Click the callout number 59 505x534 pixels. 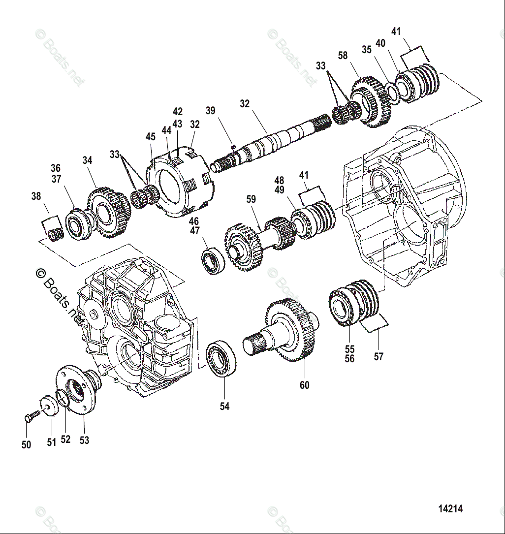(x=251, y=199)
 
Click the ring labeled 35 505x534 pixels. (x=392, y=91)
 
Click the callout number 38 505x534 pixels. (x=36, y=196)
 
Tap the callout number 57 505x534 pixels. (x=379, y=357)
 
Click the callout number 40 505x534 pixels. (x=380, y=43)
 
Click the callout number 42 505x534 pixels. (x=178, y=112)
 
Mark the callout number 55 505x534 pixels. (x=350, y=349)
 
